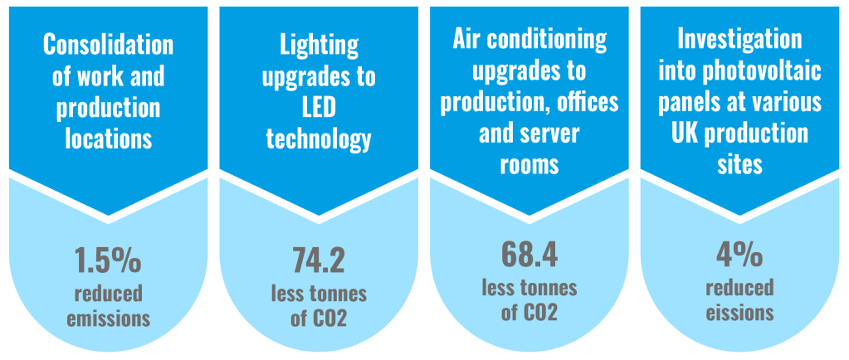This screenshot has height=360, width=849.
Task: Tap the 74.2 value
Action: (x=319, y=260)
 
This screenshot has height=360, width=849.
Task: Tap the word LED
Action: (x=319, y=108)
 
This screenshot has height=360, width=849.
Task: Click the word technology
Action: (x=319, y=139)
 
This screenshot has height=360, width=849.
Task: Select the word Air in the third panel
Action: (x=469, y=39)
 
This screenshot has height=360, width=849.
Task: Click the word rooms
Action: (x=529, y=163)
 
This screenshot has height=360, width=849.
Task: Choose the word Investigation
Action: (x=739, y=39)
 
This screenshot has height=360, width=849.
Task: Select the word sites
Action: (x=739, y=163)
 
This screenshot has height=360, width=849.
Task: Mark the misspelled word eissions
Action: (x=740, y=314)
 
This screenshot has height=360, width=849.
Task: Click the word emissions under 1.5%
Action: (x=108, y=318)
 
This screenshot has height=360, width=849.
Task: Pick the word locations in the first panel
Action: (x=108, y=139)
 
